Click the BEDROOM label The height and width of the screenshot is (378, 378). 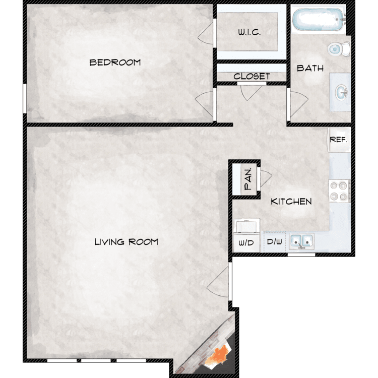pyautogui.click(x=115, y=62)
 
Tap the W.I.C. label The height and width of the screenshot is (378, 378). pyautogui.click(x=249, y=32)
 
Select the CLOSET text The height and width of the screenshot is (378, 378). pyautogui.click(x=251, y=77)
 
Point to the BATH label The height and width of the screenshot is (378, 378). pyautogui.click(x=310, y=68)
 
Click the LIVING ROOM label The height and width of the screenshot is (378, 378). pyautogui.click(x=127, y=242)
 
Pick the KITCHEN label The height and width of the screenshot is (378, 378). pyautogui.click(x=291, y=201)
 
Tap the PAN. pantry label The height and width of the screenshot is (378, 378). pyautogui.click(x=248, y=178)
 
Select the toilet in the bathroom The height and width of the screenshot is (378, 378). pyautogui.click(x=339, y=49)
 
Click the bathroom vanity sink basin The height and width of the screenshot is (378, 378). pyautogui.click(x=341, y=92)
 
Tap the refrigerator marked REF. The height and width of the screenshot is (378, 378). pyautogui.click(x=339, y=140)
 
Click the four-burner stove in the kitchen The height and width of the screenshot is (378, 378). pyautogui.click(x=340, y=191)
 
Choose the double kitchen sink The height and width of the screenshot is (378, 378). pyautogui.click(x=301, y=241)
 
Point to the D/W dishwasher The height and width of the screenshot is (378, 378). pyautogui.click(x=274, y=242)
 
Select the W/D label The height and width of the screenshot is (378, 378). pyautogui.click(x=246, y=243)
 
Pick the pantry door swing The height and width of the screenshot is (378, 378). pyautogui.click(x=266, y=178)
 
